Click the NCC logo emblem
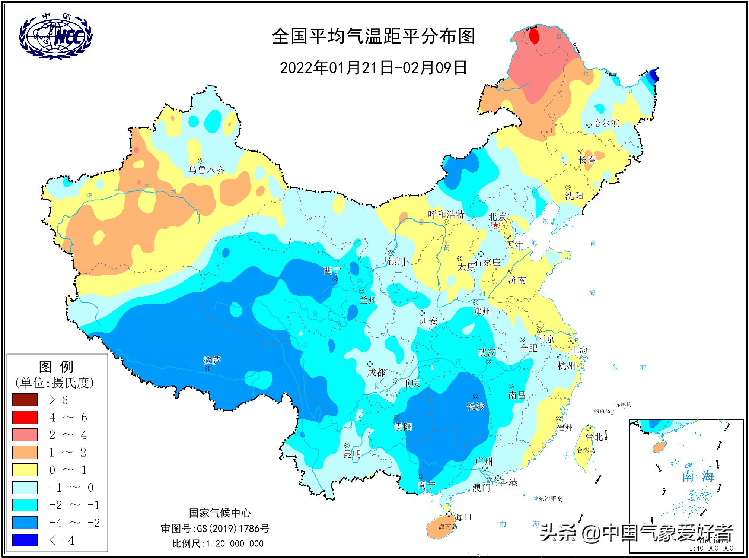(55, 36)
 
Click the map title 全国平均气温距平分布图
(373, 37)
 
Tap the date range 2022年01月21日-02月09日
(373, 68)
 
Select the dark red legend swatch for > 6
(25, 400)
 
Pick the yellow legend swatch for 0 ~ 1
(25, 470)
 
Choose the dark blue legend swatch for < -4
(25, 540)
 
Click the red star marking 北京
(495, 225)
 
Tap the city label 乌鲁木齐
(207, 170)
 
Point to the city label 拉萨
(212, 360)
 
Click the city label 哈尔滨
(606, 123)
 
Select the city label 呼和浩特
(446, 215)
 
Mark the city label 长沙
(475, 406)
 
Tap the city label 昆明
(352, 454)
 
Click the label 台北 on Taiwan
(594, 437)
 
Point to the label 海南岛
(448, 527)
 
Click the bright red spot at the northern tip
(534, 37)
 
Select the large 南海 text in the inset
(698, 476)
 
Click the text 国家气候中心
(220, 513)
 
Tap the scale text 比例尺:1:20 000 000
(218, 543)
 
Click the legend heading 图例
(56, 367)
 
